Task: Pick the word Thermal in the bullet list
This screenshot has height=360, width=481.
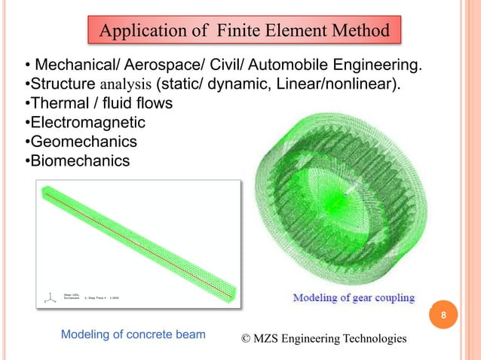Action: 54,103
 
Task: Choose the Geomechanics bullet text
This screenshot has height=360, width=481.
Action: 79,142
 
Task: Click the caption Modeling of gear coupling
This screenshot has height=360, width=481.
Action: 354,297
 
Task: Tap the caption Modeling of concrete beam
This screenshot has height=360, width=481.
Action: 133,334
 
